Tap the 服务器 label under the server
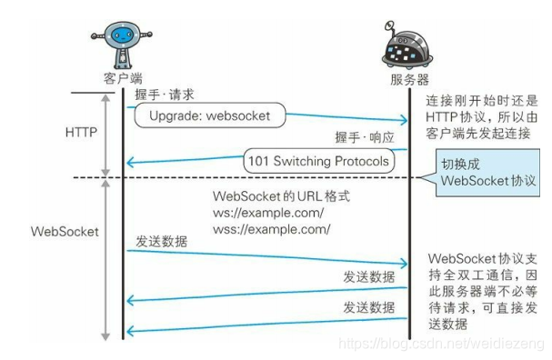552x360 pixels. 409,79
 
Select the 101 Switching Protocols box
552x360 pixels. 318,162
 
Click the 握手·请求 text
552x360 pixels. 165,94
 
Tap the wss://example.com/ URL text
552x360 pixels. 270,229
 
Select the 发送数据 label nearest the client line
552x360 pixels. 163,242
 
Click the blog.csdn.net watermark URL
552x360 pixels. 440,343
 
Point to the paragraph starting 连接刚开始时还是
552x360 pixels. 482,116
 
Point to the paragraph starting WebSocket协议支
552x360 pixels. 482,290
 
